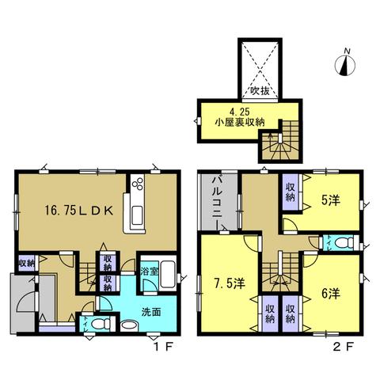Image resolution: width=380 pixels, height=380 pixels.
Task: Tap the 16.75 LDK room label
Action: click(x=78, y=211)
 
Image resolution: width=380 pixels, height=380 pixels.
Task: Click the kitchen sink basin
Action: click(x=137, y=215)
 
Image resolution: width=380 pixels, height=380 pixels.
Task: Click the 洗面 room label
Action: click(x=151, y=312)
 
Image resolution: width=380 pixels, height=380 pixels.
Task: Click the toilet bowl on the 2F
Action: click(x=344, y=242)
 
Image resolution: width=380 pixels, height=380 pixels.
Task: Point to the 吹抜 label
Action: click(x=260, y=91)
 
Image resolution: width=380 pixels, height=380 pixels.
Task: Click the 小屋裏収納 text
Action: click(x=240, y=122)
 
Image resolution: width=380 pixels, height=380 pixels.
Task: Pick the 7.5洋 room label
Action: click(x=229, y=284)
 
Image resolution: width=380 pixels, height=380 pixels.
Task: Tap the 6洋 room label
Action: click(x=330, y=294)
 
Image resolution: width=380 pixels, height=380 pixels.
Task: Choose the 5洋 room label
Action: click(x=330, y=201)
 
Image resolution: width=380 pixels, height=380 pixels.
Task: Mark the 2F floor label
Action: click(x=343, y=348)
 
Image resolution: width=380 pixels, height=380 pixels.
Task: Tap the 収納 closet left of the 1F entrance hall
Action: click(x=27, y=263)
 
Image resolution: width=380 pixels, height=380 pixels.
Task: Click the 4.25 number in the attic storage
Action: click(x=240, y=112)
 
